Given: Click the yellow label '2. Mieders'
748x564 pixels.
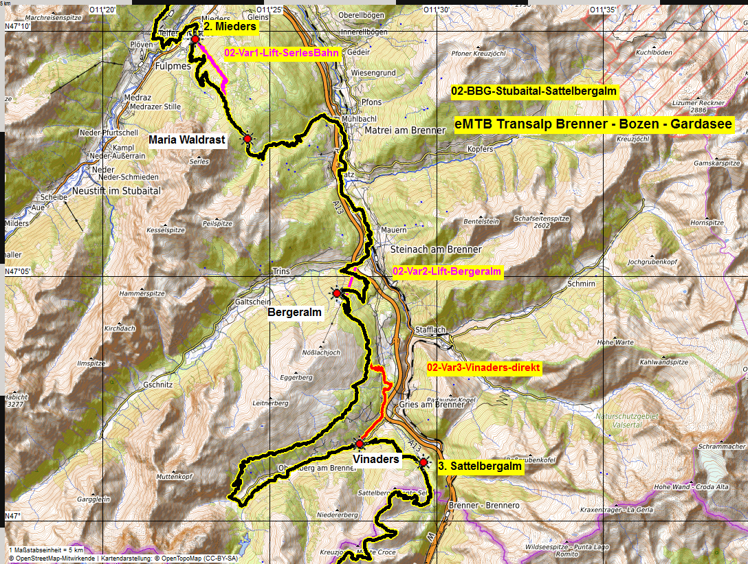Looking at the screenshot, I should coord(230,27).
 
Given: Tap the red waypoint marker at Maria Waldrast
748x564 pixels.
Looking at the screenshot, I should coord(247,139).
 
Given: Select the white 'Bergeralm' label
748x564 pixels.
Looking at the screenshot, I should coord(294,313).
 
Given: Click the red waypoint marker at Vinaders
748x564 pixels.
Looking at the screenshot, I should coord(360,444).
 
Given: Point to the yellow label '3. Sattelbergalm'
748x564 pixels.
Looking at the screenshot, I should coord(479,466).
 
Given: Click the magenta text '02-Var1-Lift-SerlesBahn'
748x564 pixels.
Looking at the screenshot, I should coord(283,52).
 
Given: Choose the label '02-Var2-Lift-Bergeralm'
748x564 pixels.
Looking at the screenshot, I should coord(447,272).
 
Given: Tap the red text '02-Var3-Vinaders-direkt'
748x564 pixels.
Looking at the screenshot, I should coord(484,368).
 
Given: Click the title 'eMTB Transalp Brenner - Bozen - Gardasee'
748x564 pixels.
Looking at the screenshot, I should coord(593,125).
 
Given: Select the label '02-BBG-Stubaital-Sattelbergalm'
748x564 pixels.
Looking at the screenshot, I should coord(533,91).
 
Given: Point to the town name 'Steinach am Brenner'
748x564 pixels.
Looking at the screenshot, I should coord(436,249).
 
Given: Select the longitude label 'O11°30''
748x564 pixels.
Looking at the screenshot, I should coord(436,10).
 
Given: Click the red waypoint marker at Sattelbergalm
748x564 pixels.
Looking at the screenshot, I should coord(423,463).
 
